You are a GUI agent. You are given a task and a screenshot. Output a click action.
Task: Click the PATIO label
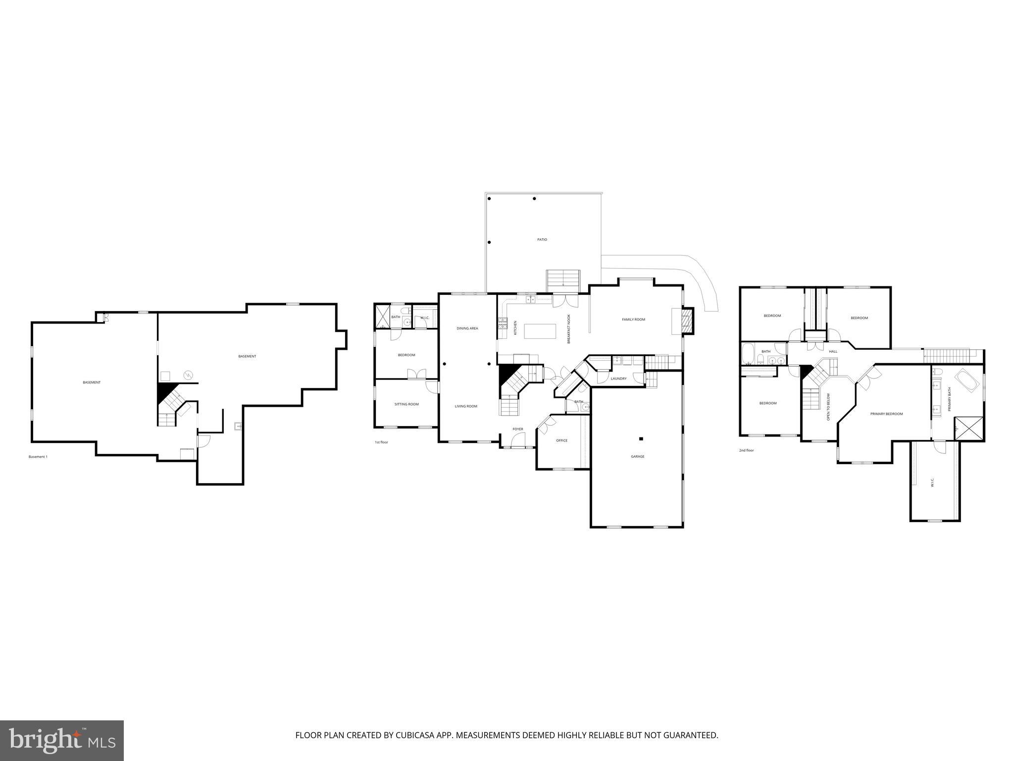click(542, 240)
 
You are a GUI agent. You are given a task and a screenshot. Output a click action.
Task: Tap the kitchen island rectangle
click(540, 330)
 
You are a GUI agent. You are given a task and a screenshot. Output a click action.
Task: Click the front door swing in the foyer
click(518, 439)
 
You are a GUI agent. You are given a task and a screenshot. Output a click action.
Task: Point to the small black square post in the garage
click(641, 438)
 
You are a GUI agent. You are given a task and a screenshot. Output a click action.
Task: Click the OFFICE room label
click(561, 440)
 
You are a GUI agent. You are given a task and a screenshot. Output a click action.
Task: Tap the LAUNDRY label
click(618, 379)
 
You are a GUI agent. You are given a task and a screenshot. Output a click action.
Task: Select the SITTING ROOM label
click(406, 404)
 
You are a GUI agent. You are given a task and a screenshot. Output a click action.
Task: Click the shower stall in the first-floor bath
click(382, 317)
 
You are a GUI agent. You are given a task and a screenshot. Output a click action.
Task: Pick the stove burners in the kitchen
click(503, 324)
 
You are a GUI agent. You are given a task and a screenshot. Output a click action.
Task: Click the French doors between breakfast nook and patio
click(565, 300)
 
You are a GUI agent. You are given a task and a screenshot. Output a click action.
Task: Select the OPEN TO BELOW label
click(828, 407)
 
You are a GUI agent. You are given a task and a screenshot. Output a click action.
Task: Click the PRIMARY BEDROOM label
click(886, 414)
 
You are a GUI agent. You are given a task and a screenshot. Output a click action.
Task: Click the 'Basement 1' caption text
click(38, 457)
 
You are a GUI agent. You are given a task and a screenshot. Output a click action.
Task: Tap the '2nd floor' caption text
click(746, 450)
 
